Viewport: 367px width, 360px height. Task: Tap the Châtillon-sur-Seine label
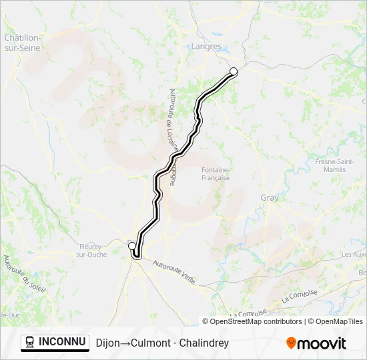pyautogui.click(x=23, y=43)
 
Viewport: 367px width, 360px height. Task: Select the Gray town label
pyautogui.click(x=269, y=198)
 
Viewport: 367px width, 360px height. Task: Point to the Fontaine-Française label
pyautogui.click(x=216, y=173)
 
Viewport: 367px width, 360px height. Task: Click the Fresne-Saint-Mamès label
pyautogui.click(x=330, y=165)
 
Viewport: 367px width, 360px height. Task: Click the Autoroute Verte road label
pyautogui.click(x=173, y=272)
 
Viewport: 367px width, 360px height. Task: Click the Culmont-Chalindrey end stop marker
pyautogui.click(x=234, y=71)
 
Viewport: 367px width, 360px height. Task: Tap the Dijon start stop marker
pyautogui.click(x=131, y=246)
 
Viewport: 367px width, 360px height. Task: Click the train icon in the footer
pyautogui.click(x=29, y=343)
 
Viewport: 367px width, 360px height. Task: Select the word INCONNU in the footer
pyautogui.click(x=63, y=343)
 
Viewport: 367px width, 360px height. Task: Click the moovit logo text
pyautogui.click(x=322, y=343)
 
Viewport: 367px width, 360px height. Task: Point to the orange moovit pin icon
pyautogui.click(x=291, y=343)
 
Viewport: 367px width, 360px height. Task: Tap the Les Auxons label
pyautogui.click(x=354, y=255)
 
